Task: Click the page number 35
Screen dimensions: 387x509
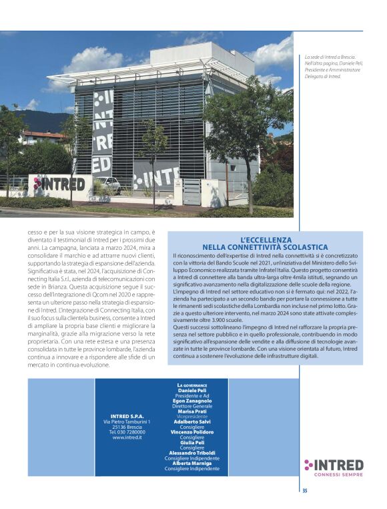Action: point(304,491)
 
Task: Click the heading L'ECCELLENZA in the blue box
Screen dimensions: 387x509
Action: point(266,240)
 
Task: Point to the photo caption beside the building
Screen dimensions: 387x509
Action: point(328,67)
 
